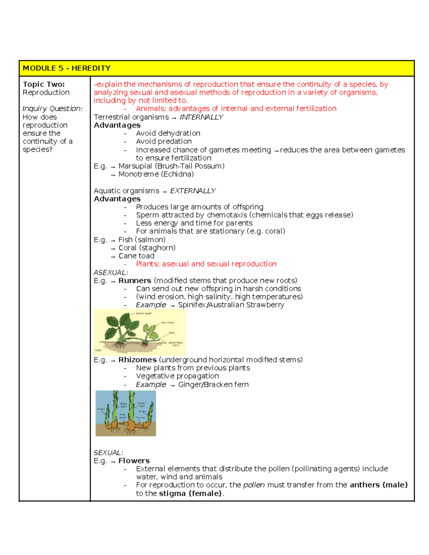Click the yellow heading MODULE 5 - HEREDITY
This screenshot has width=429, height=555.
(66, 68)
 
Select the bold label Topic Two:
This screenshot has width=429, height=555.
(44, 84)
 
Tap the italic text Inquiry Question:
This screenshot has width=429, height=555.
(52, 109)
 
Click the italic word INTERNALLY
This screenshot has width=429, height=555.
(201, 117)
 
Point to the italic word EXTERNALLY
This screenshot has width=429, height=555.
(193, 191)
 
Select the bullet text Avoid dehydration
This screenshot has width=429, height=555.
(168, 133)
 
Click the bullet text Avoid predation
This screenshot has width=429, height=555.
(164, 142)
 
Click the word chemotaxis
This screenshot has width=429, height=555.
(227, 215)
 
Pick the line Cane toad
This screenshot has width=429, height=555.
(136, 256)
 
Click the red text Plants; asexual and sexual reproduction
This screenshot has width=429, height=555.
(206, 264)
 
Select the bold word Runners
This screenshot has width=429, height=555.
(135, 281)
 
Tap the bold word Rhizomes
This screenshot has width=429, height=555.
(137, 360)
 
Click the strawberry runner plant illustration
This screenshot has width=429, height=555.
(139, 332)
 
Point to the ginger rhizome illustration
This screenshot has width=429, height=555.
(125, 413)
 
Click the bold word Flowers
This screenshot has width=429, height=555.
(134, 461)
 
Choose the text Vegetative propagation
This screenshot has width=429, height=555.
(177, 376)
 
